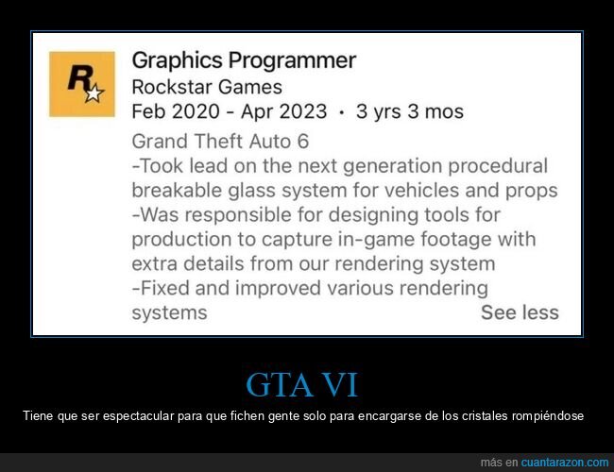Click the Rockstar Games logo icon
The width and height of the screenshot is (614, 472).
pos(82,84)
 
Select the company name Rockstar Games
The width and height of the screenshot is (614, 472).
pos(207,87)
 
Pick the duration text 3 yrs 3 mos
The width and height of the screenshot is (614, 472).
pos(410,111)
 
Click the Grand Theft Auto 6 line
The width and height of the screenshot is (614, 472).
pos(220,142)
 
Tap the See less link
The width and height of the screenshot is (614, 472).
pos(520,312)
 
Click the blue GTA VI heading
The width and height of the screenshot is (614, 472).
pos(301,386)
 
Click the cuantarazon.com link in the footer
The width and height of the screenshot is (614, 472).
pos(565,463)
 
